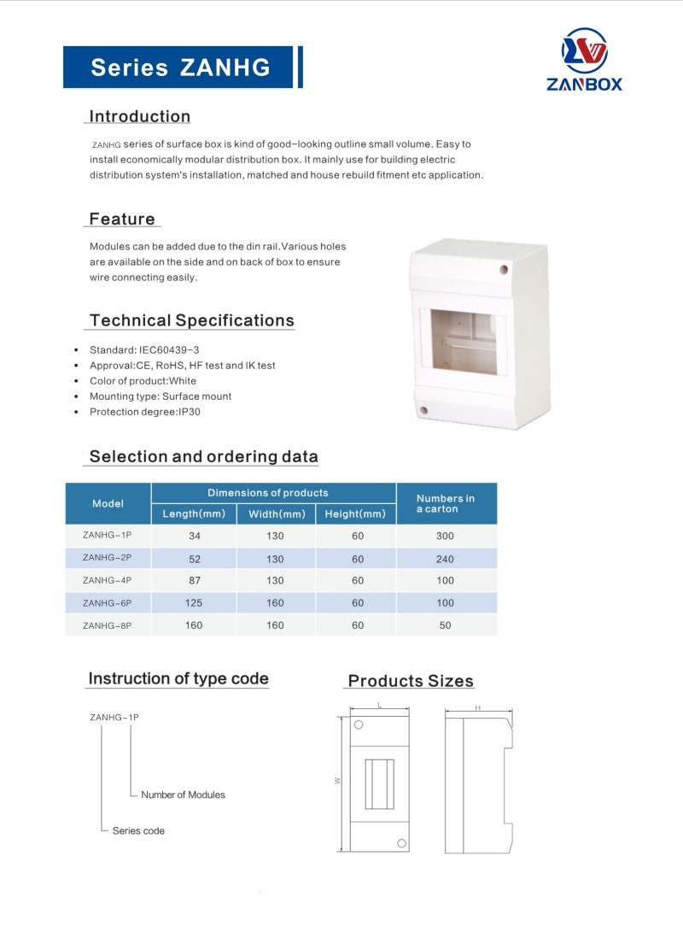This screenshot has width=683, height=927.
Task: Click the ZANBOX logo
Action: (x=585, y=59)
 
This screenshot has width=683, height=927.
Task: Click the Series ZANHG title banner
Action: (x=180, y=67)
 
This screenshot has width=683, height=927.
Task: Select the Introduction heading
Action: (x=140, y=116)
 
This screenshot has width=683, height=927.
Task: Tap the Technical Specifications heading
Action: (x=191, y=320)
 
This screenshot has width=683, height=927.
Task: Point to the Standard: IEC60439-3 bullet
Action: (x=144, y=349)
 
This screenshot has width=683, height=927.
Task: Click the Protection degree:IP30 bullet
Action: (x=144, y=411)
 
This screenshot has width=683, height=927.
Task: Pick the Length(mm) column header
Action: (x=193, y=513)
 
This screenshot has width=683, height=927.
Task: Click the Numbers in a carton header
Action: (x=446, y=503)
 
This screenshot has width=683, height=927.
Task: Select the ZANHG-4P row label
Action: (x=108, y=581)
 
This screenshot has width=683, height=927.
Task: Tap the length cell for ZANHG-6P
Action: (x=193, y=603)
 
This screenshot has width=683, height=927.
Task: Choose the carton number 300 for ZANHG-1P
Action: (x=445, y=537)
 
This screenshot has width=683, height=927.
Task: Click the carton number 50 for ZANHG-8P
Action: (x=445, y=625)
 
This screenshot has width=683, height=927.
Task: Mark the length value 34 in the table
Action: (x=193, y=537)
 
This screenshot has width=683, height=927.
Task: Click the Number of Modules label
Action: (x=183, y=795)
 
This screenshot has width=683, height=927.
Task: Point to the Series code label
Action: (x=138, y=830)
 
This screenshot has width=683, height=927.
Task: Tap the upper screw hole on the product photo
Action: (x=503, y=269)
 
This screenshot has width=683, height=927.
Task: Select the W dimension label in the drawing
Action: (x=339, y=780)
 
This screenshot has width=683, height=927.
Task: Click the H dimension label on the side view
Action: (x=478, y=708)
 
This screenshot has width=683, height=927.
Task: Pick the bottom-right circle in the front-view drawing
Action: (x=400, y=842)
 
